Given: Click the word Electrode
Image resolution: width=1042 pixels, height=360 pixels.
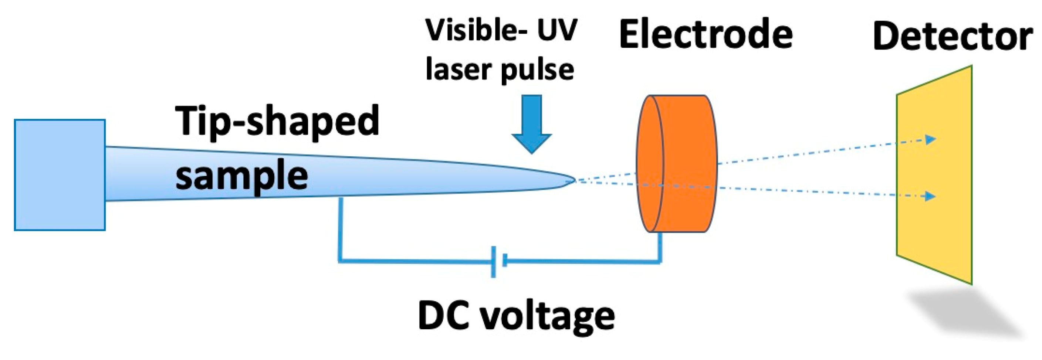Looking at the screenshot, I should pos(706,35).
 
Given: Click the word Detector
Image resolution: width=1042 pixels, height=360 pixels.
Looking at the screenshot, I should pos(952,36).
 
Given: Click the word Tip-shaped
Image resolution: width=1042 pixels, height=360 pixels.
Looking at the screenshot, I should pos(277,121).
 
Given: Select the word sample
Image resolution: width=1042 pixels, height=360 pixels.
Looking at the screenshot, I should pos(241,176).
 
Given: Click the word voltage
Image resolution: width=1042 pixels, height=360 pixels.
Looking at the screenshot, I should pos(548,317).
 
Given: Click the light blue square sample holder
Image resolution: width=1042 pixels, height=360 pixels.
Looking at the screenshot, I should pos(60,175).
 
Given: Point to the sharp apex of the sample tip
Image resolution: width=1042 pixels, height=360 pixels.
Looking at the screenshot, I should pos(574,180).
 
